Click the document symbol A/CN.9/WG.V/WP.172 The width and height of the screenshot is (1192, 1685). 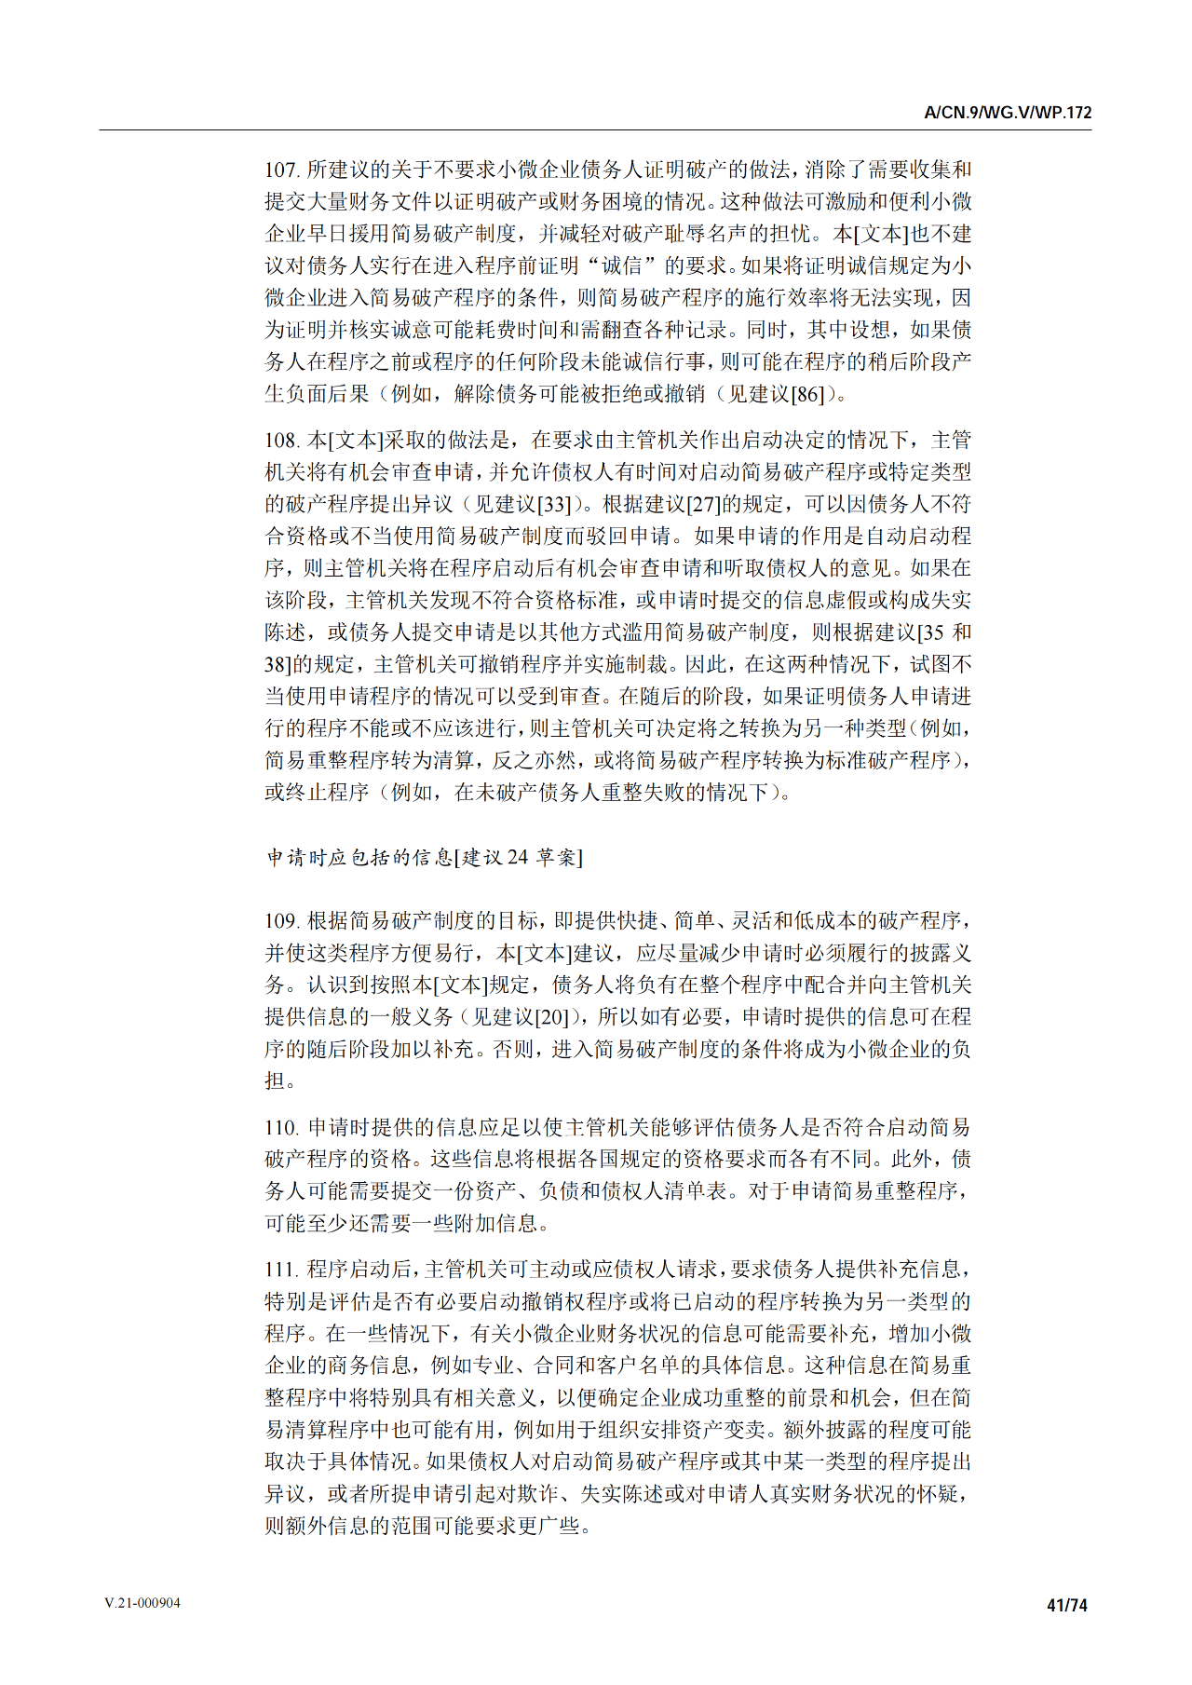coord(1008,113)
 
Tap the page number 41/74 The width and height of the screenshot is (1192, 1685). coord(1067,1604)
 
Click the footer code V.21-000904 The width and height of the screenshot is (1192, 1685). coord(142,1603)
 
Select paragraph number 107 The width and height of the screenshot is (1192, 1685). coord(281,170)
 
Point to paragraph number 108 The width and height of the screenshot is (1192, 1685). coord(281,440)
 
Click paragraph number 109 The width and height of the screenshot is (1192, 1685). coord(281,921)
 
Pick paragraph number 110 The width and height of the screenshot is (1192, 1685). coord(281,1127)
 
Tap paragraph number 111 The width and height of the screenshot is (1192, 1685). coord(281,1269)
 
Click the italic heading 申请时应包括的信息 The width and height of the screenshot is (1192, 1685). coord(359,857)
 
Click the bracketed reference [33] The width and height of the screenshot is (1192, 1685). coord(554,504)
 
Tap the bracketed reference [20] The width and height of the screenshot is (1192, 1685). coord(551,1017)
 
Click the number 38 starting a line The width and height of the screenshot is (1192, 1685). coord(277,664)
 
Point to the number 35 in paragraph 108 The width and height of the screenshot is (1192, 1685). coord(934,632)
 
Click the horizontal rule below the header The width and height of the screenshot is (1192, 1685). coord(596,130)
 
